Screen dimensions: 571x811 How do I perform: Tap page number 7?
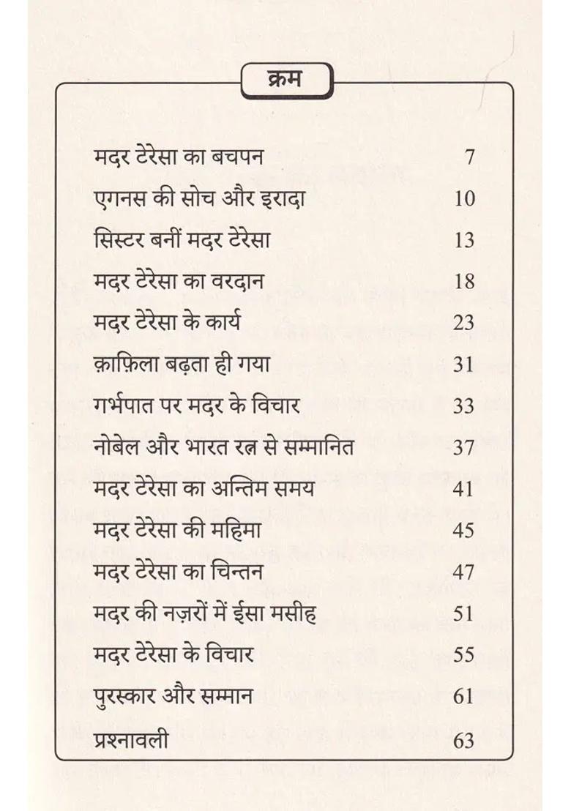[x=469, y=157]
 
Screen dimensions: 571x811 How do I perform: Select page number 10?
[x=464, y=199]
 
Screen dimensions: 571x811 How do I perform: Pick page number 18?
[x=464, y=282]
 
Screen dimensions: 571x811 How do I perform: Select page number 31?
[x=464, y=365]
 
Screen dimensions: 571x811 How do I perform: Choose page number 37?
[x=464, y=447]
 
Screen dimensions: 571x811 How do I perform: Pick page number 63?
[x=464, y=740]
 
